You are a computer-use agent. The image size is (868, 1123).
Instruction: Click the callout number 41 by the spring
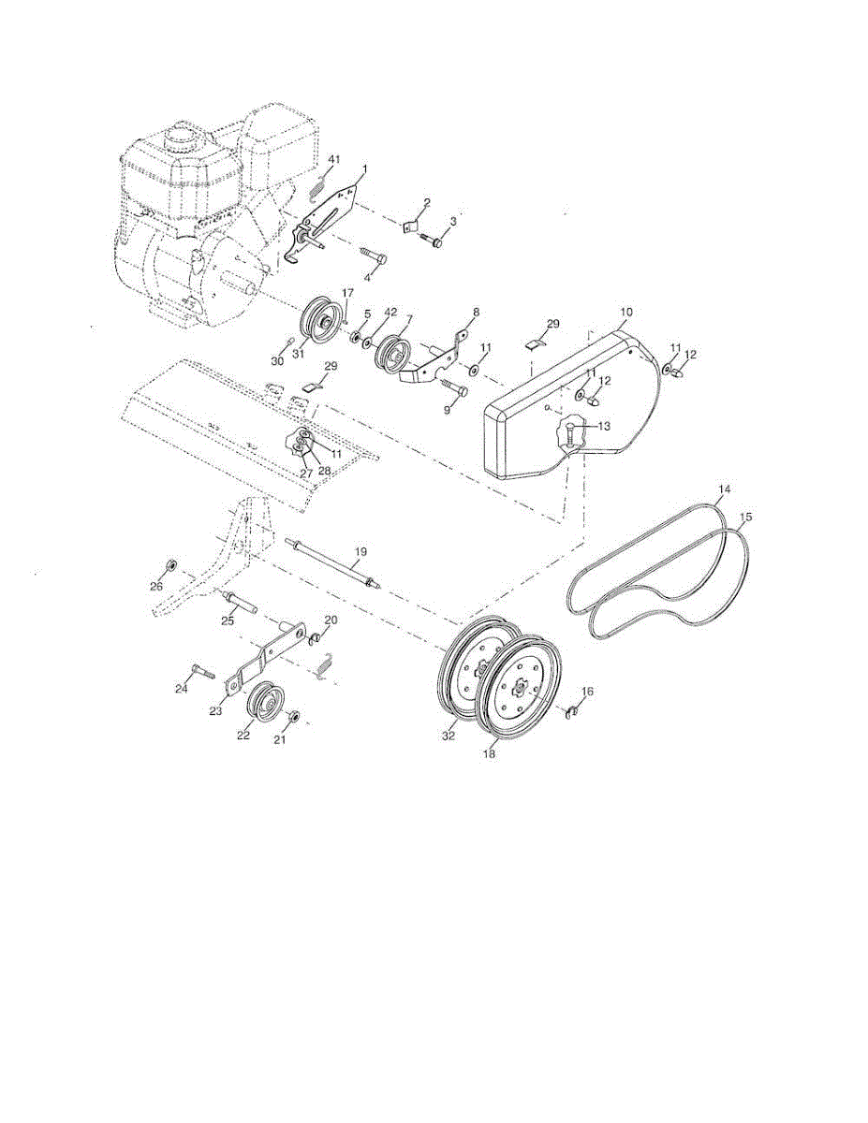(x=334, y=160)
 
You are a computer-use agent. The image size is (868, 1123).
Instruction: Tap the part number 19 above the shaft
(x=358, y=553)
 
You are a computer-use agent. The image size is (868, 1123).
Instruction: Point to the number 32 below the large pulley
(x=449, y=737)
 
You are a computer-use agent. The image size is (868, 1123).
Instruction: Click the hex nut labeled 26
(x=172, y=565)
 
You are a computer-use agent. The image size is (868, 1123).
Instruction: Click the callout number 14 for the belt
(x=724, y=489)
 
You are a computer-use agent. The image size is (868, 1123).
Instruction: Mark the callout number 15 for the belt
(x=745, y=516)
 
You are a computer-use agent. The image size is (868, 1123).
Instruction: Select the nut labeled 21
(x=292, y=717)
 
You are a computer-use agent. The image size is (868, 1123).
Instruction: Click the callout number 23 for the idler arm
(x=215, y=712)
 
